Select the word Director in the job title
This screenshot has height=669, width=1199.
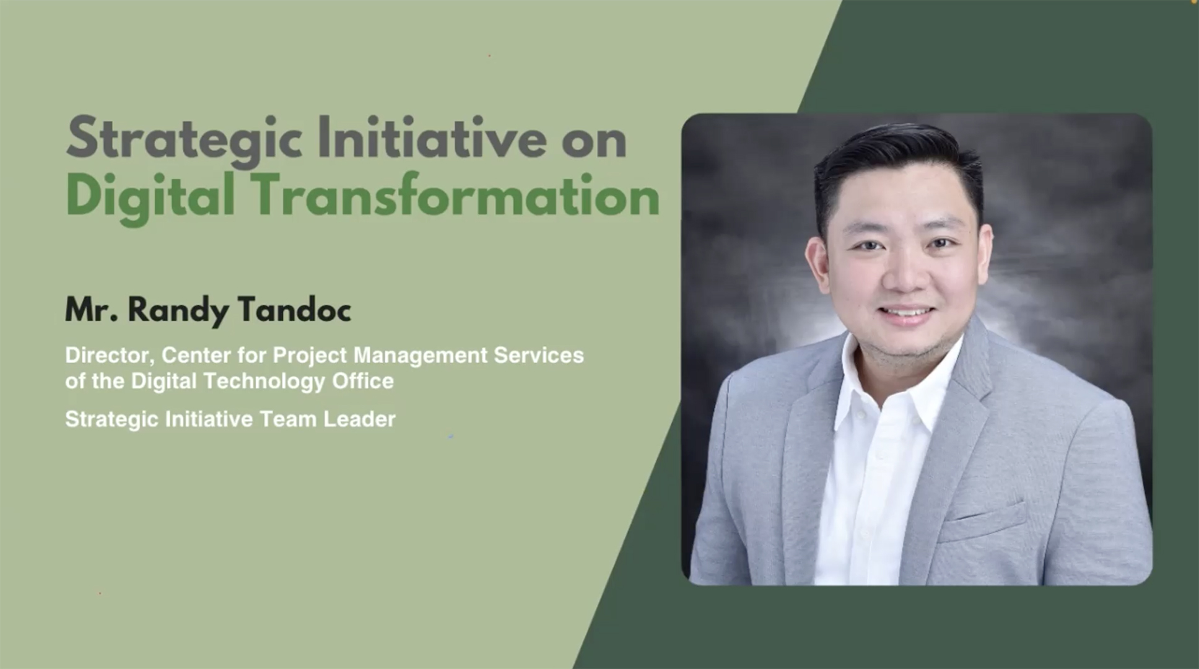coord(110,356)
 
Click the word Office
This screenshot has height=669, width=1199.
coord(363,380)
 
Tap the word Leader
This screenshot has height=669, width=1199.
coord(359,419)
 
